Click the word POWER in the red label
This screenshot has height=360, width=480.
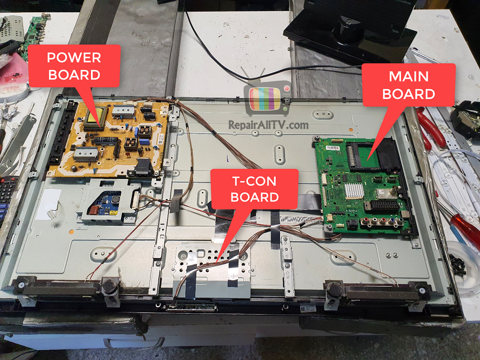(74, 58)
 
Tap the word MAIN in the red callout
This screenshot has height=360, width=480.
(409, 77)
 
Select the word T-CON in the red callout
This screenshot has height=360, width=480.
(254, 181)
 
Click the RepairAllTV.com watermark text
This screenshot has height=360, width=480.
(269, 125)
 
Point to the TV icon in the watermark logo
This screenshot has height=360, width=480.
(266, 97)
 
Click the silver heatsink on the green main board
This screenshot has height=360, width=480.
(354, 190)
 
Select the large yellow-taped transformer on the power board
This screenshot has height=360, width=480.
(96, 119)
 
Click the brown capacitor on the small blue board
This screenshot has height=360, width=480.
(94, 210)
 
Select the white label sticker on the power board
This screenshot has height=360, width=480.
(160, 140)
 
